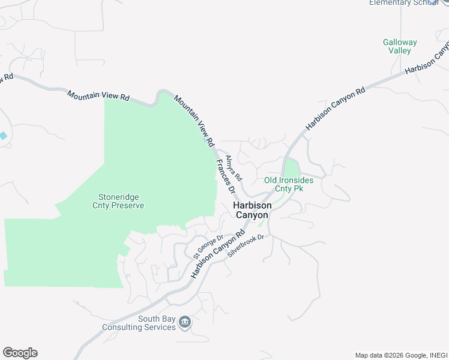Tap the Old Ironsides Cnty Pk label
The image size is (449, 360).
289,184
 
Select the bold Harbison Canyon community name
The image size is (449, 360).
252,209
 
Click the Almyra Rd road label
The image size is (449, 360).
233,169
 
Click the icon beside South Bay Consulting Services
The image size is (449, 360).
185,323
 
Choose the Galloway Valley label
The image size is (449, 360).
399,46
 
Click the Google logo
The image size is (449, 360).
20,353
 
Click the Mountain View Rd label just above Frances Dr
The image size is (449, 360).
194,121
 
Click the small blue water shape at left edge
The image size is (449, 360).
3,136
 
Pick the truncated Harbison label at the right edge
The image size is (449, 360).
427,58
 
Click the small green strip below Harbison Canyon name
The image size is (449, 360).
261,223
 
